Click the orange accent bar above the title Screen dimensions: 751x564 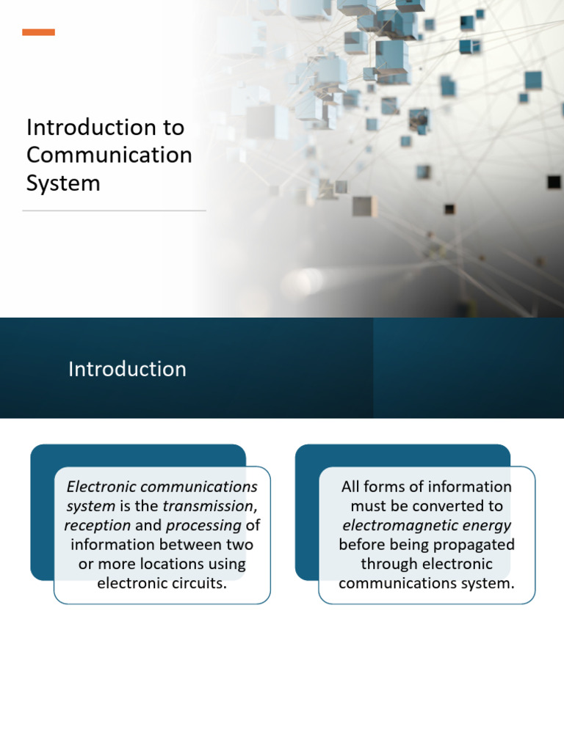point(38,32)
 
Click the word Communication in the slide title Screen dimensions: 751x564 point(109,155)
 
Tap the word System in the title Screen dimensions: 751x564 point(63,183)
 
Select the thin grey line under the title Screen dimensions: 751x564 point(114,210)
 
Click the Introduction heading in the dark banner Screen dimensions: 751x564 point(127,369)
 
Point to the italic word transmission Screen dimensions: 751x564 point(208,506)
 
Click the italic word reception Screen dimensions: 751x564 point(97,525)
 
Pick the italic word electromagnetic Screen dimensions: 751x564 point(395,525)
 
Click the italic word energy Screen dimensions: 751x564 point(482,525)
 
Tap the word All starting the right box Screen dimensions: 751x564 point(352,487)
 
